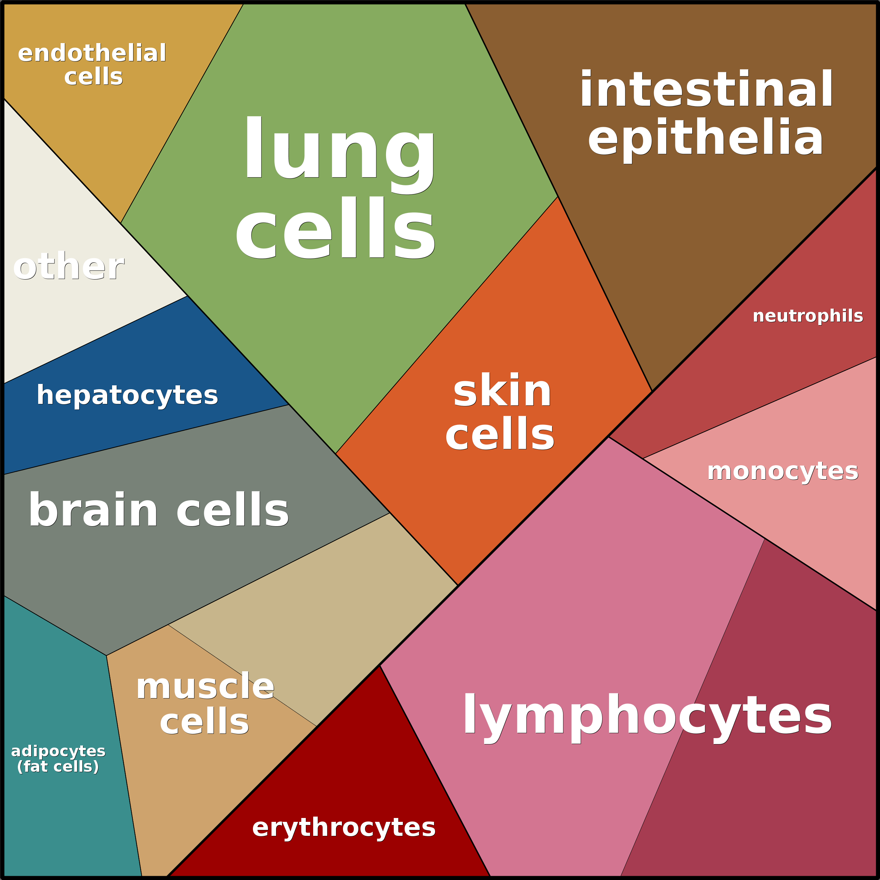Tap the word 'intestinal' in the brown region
pyautogui.click(x=706, y=89)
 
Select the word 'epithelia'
pyautogui.click(x=706, y=138)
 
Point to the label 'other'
pyautogui.click(x=68, y=267)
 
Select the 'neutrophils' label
pyautogui.click(x=807, y=316)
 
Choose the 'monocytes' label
pyautogui.click(x=783, y=472)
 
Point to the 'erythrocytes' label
pyautogui.click(x=344, y=827)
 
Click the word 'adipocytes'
pyautogui.click(x=58, y=751)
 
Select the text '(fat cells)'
pyautogui.click(x=58, y=766)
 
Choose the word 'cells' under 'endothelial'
pyautogui.click(x=94, y=76)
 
